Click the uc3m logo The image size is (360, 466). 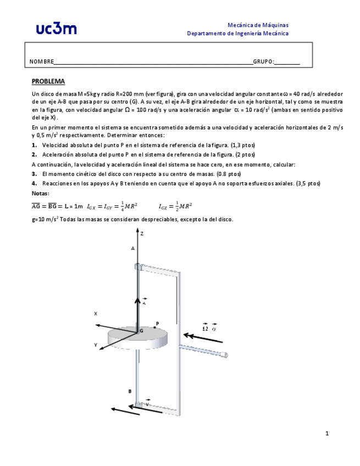pos(57,29)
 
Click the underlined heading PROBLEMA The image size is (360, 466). pos(48,81)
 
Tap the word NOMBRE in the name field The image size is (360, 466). pos(41,62)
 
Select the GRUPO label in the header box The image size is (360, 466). pos(263,62)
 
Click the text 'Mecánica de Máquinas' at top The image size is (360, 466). pos(258,25)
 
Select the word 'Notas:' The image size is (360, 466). pos(41,193)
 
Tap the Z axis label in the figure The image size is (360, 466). pos(142,234)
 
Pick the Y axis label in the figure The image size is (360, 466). pos(96,345)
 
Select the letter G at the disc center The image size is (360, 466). pos(141,331)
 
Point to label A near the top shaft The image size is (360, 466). pos(132,248)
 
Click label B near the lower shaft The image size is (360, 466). pos(130,391)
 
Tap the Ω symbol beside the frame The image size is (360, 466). pos(205,328)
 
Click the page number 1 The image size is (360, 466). pos(327,434)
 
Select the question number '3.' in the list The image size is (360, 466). pos(34,174)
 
